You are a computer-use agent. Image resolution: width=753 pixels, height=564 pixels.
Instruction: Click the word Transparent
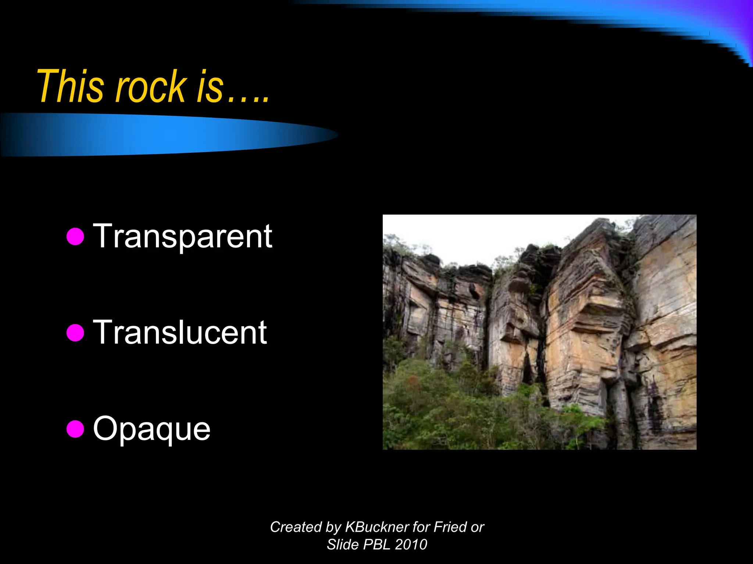[182, 236]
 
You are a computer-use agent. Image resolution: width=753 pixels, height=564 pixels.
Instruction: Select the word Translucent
[180, 332]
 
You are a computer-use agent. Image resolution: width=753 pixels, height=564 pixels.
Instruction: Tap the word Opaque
[151, 429]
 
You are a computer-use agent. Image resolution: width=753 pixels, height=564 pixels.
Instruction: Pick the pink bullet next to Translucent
[75, 332]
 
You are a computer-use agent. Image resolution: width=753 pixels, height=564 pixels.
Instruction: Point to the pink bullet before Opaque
[75, 429]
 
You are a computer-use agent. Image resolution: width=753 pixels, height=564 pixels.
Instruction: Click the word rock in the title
[151, 87]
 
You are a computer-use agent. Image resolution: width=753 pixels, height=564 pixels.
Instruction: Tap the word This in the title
[70, 87]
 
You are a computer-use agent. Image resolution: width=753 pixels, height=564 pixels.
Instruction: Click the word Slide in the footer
[342, 545]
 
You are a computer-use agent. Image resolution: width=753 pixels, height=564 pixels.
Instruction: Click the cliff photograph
[539, 332]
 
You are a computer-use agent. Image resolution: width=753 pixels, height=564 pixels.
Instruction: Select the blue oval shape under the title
[165, 135]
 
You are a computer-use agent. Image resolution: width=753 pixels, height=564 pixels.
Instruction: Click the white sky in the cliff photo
[460, 235]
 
